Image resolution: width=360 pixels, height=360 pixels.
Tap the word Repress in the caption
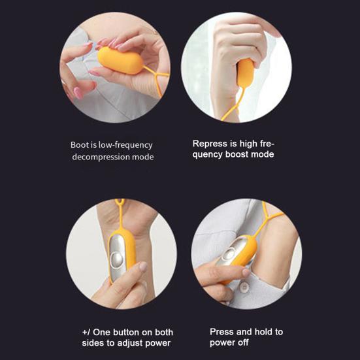(210, 144)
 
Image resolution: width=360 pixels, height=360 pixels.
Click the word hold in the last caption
(263, 332)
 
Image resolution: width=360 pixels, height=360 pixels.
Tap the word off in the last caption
(243, 342)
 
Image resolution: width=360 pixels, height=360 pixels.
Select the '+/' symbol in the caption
(86, 332)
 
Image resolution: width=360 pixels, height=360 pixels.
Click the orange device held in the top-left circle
(120, 60)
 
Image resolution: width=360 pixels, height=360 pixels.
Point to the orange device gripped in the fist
(246, 73)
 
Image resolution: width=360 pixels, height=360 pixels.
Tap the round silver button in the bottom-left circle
(117, 259)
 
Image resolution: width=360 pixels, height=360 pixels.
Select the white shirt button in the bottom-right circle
(244, 286)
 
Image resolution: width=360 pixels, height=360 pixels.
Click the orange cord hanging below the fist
(234, 105)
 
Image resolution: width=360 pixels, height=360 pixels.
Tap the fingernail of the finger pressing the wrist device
(144, 267)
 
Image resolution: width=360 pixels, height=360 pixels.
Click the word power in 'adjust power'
(157, 343)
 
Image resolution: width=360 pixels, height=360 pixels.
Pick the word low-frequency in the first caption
(125, 145)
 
